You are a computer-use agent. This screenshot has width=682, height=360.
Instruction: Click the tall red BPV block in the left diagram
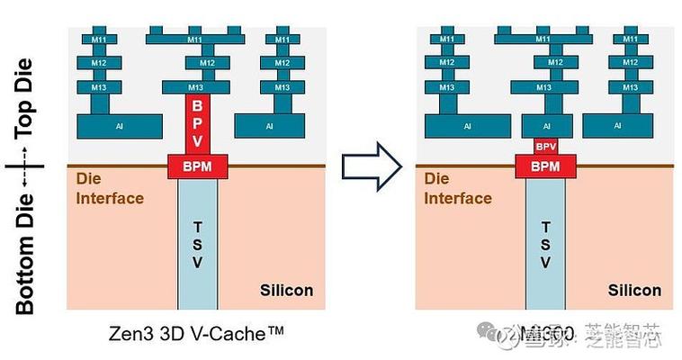click(197, 123)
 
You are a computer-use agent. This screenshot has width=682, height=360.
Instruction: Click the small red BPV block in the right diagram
click(545, 146)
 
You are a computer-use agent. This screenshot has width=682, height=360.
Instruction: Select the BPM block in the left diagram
click(197, 166)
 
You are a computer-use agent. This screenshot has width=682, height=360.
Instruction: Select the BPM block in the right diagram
click(545, 166)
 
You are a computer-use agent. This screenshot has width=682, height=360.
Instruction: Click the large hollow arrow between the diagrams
click(371, 165)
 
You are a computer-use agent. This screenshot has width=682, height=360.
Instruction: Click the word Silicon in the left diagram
click(286, 290)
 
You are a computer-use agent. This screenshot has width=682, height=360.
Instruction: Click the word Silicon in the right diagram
click(634, 290)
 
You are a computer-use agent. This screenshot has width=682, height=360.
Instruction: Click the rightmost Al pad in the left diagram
click(269, 126)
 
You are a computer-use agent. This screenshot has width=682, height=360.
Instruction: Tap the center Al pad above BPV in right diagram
click(544, 126)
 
